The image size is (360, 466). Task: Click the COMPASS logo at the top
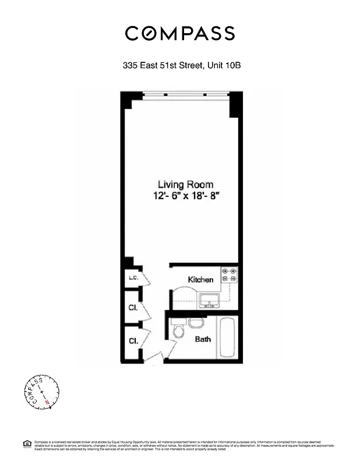(180, 33)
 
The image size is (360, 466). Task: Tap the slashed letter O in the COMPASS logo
(151, 33)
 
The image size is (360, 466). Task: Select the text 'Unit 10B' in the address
(224, 66)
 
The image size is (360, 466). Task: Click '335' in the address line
(130, 66)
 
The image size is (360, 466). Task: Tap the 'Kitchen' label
(200, 280)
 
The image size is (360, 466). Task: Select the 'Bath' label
(203, 339)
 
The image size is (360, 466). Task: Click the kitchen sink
(208, 301)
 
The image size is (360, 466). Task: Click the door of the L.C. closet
(146, 280)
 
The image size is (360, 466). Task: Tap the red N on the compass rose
(45, 402)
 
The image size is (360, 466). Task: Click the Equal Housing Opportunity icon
(26, 444)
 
